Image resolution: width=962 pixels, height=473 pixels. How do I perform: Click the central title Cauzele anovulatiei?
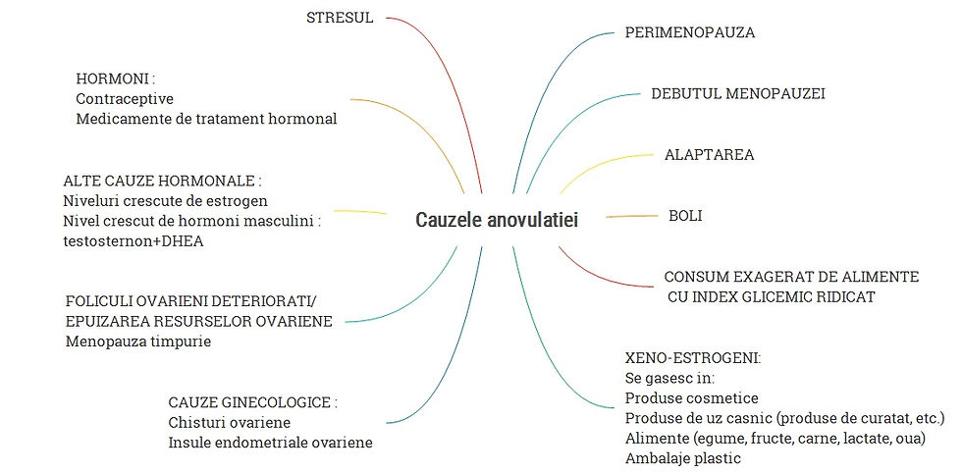pos(497,220)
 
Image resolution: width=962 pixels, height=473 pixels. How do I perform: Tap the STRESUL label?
pos(340,18)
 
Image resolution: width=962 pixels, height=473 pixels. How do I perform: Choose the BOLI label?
pos(685,215)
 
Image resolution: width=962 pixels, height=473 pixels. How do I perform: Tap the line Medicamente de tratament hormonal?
pos(206,119)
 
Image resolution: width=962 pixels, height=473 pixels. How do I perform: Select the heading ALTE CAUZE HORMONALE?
pos(162,182)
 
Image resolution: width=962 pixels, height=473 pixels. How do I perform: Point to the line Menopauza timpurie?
pos(138,342)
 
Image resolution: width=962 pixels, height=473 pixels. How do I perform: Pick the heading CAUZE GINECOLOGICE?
pos(253,402)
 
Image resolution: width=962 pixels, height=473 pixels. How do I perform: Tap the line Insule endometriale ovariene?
pos(270,443)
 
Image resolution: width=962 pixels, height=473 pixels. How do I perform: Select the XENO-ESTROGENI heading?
pos(679,357)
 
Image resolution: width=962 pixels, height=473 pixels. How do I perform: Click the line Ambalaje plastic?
pos(682,458)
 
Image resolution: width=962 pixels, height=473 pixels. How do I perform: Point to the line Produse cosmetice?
pos(691,397)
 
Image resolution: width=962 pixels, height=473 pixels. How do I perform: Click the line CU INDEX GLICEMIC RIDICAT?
pos(771,296)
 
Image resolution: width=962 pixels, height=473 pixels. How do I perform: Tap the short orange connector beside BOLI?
pos(624,216)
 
